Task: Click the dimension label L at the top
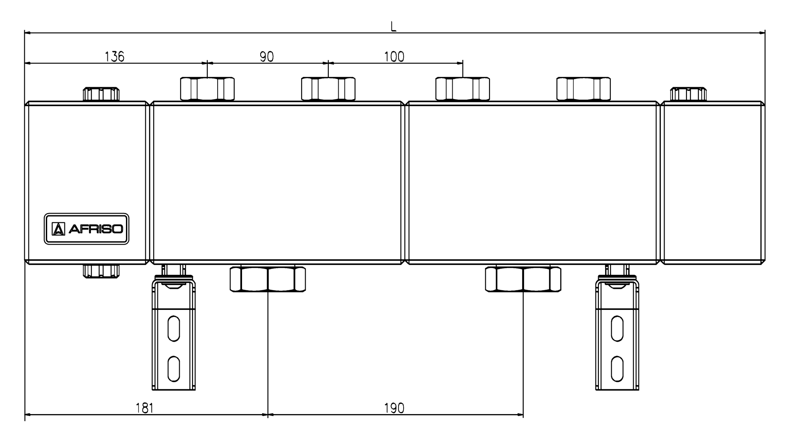click(x=394, y=26)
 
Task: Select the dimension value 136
click(x=114, y=57)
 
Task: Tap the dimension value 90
click(x=267, y=57)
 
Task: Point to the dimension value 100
click(x=394, y=57)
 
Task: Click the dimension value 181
click(x=145, y=408)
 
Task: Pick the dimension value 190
click(x=394, y=408)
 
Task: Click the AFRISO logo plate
click(x=87, y=229)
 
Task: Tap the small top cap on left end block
click(x=101, y=94)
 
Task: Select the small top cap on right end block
click(x=688, y=94)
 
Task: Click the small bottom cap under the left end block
click(x=101, y=271)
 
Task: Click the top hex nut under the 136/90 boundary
click(x=207, y=89)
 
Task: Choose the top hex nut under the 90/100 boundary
click(x=328, y=89)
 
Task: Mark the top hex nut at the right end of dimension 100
click(x=463, y=89)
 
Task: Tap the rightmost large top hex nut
click(x=583, y=89)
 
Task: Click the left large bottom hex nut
click(x=268, y=280)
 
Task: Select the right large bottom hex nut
click(x=523, y=280)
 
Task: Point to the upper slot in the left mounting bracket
click(x=173, y=328)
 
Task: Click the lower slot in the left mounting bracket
click(x=173, y=369)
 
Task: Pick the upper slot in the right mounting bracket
click(x=617, y=328)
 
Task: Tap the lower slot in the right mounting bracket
click(x=617, y=369)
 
